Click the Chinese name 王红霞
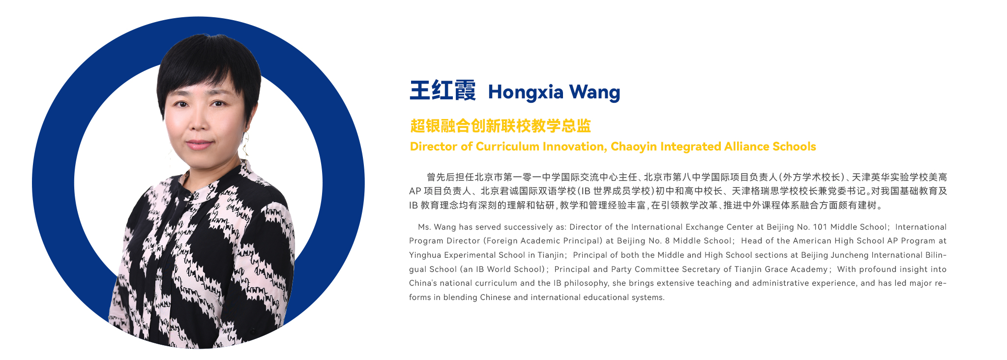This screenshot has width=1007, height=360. point(443,90)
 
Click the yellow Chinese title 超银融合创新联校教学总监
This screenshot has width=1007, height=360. point(501,126)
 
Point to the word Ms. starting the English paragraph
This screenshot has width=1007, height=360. point(424,227)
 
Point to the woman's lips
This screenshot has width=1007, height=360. point(199,144)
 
